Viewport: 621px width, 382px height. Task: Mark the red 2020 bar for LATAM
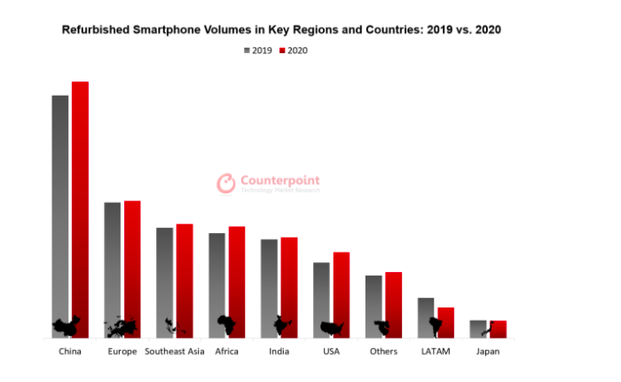tap(446, 321)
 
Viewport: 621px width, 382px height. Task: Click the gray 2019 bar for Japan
tap(478, 328)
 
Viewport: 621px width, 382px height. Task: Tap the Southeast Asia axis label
tap(175, 352)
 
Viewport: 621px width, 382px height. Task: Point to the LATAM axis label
tap(436, 352)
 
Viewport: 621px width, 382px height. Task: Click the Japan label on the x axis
tap(488, 352)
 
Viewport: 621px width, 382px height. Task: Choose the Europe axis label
tap(122, 352)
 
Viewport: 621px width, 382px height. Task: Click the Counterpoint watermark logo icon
tap(226, 183)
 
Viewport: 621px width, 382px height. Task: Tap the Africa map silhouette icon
tap(226, 325)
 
